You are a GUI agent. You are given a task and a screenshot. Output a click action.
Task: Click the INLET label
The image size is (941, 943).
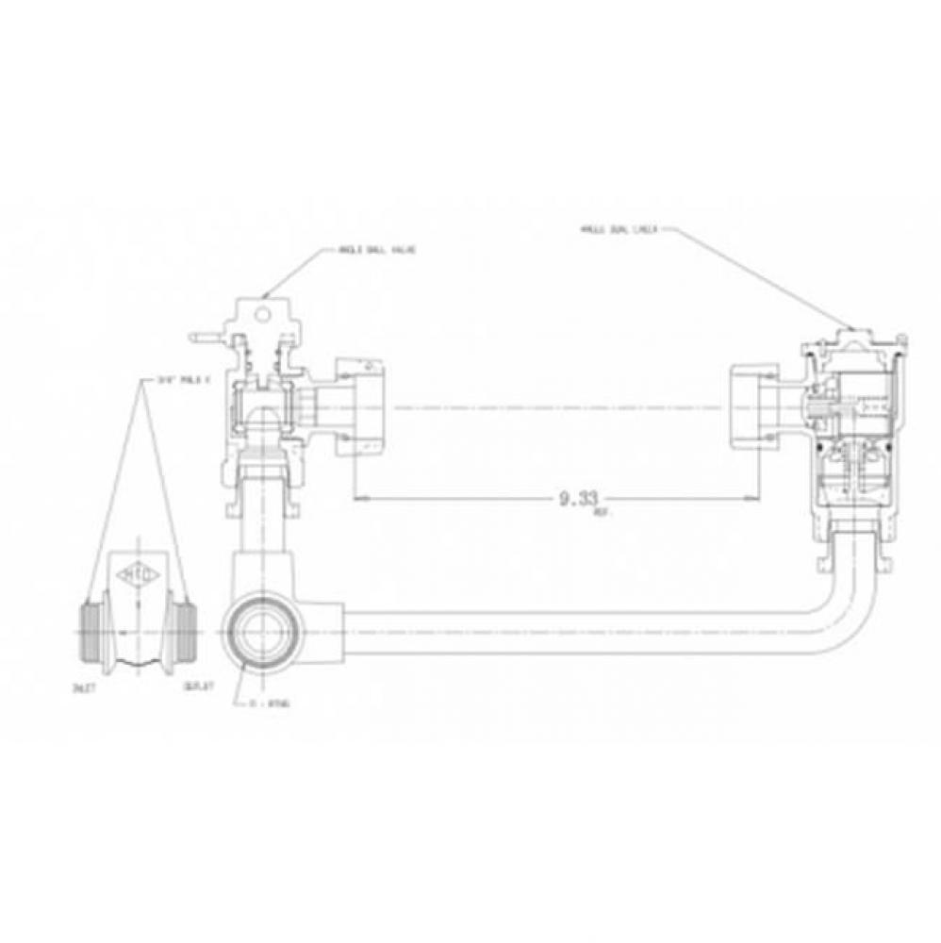(88, 687)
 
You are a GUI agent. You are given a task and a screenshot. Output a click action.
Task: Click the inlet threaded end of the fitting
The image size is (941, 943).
(89, 626)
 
